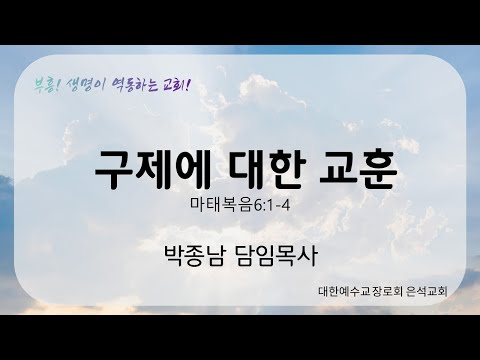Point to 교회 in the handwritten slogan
coord(176,81)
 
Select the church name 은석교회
coord(421,294)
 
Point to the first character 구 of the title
coord(112,167)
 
